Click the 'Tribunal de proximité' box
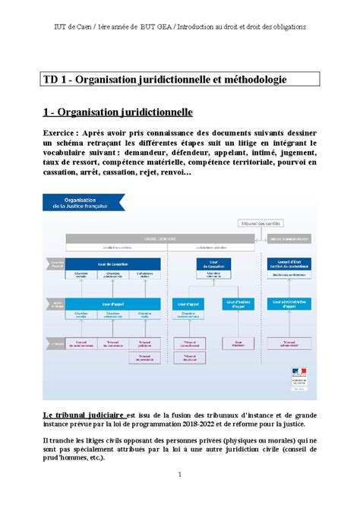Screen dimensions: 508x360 pyautogui.click(x=144, y=358)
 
